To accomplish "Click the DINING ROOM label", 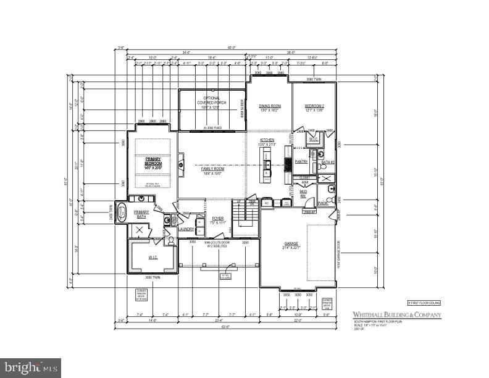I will tap(269, 106).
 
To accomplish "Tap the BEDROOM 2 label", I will tap(314, 106).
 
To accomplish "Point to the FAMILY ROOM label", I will tap(212, 169).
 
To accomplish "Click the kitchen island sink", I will tap(267, 165).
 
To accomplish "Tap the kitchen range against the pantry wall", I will tap(287, 164).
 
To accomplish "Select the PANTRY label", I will tap(301, 162).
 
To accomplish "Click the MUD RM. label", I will tap(304, 193).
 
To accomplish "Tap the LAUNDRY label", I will tap(186, 229).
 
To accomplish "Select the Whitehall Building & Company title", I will tap(397, 315).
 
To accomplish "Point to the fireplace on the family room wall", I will tap(180, 165).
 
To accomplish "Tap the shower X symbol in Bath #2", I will tap(324, 178).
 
